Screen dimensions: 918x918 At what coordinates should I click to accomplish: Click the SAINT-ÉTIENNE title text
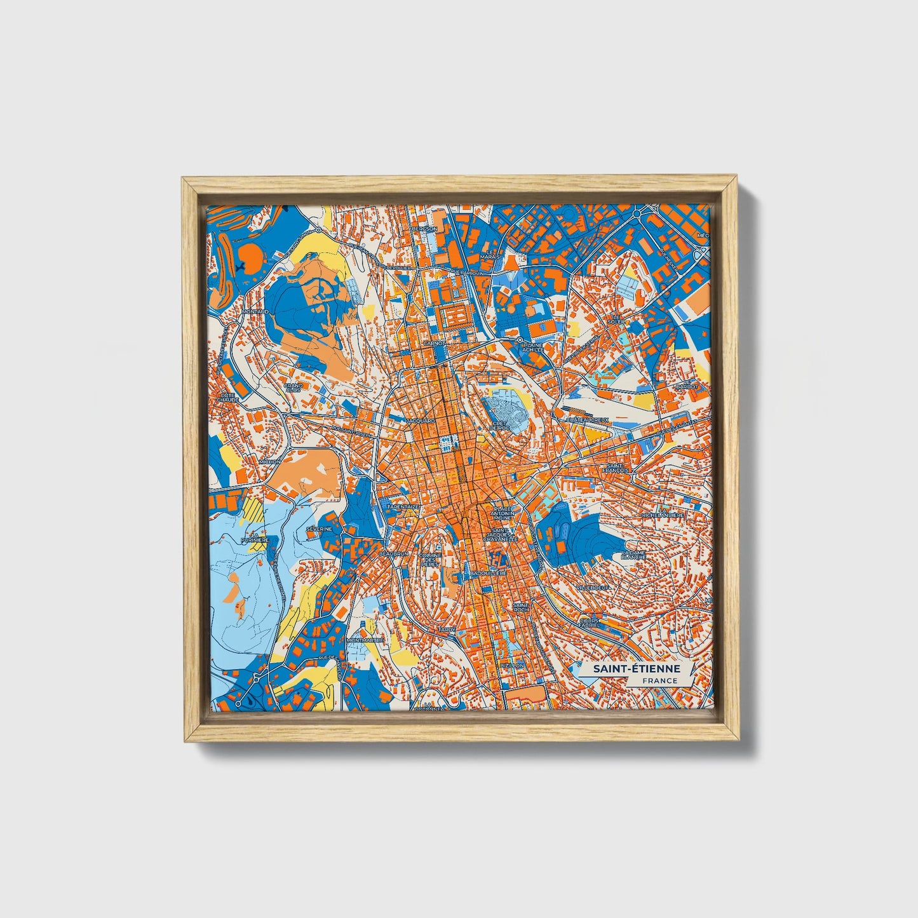[637, 669]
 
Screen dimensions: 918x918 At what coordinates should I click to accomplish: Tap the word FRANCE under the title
[659, 680]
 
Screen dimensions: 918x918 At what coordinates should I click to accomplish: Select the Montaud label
[255, 312]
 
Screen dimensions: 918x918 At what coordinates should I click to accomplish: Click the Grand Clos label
[293, 387]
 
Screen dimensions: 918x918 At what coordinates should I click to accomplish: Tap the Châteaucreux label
[588, 420]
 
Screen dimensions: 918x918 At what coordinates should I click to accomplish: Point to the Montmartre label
[365, 640]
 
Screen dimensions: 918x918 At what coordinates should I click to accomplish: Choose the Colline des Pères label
[430, 559]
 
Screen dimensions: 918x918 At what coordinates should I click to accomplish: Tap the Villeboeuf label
[595, 588]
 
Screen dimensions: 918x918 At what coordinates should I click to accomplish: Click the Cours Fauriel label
[593, 623]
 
